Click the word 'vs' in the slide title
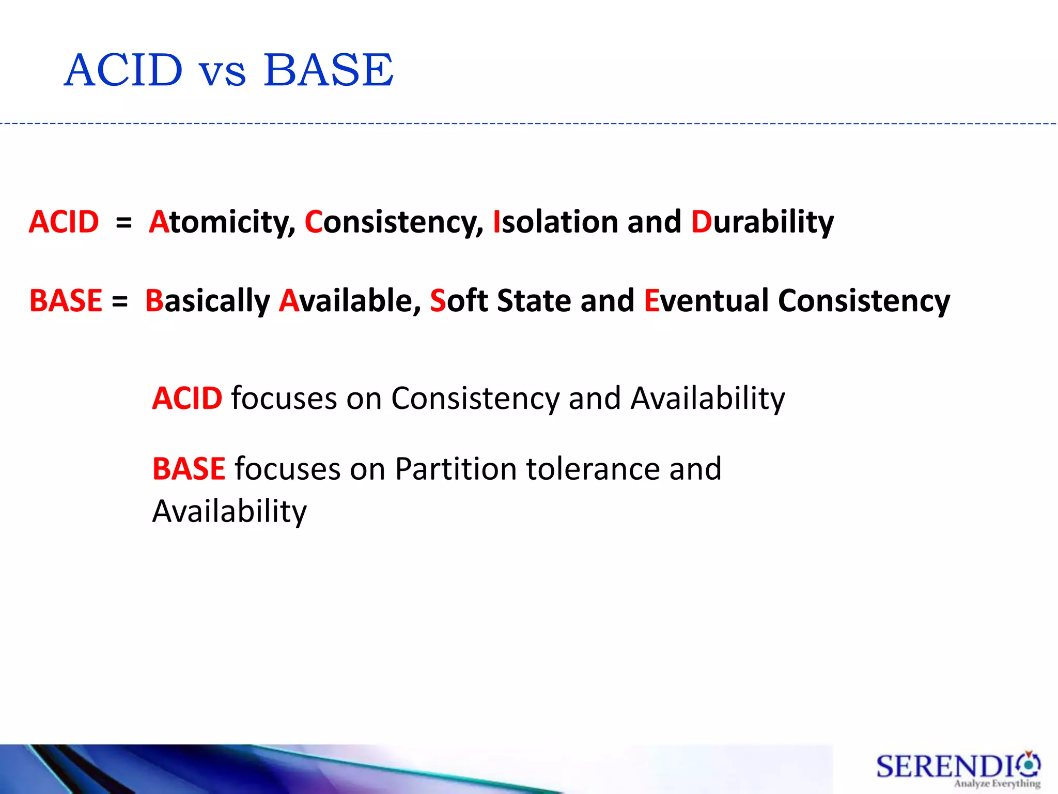223,72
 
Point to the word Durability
762,222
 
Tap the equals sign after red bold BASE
119,302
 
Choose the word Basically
207,301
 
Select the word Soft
459,301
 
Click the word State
533,301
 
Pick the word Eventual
706,301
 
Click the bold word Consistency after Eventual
864,301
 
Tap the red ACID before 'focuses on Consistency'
187,399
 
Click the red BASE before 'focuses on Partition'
189,469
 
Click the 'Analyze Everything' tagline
997,784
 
